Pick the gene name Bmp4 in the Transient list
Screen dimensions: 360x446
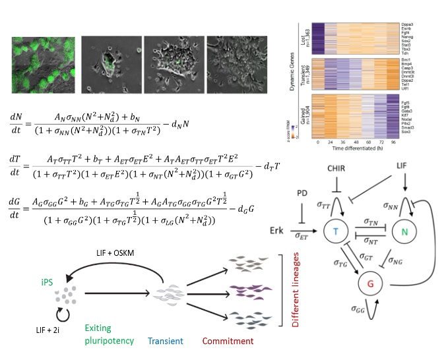(x=407, y=66)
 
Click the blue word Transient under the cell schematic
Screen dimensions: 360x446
(x=166, y=341)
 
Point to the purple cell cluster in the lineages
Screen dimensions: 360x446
(x=244, y=289)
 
